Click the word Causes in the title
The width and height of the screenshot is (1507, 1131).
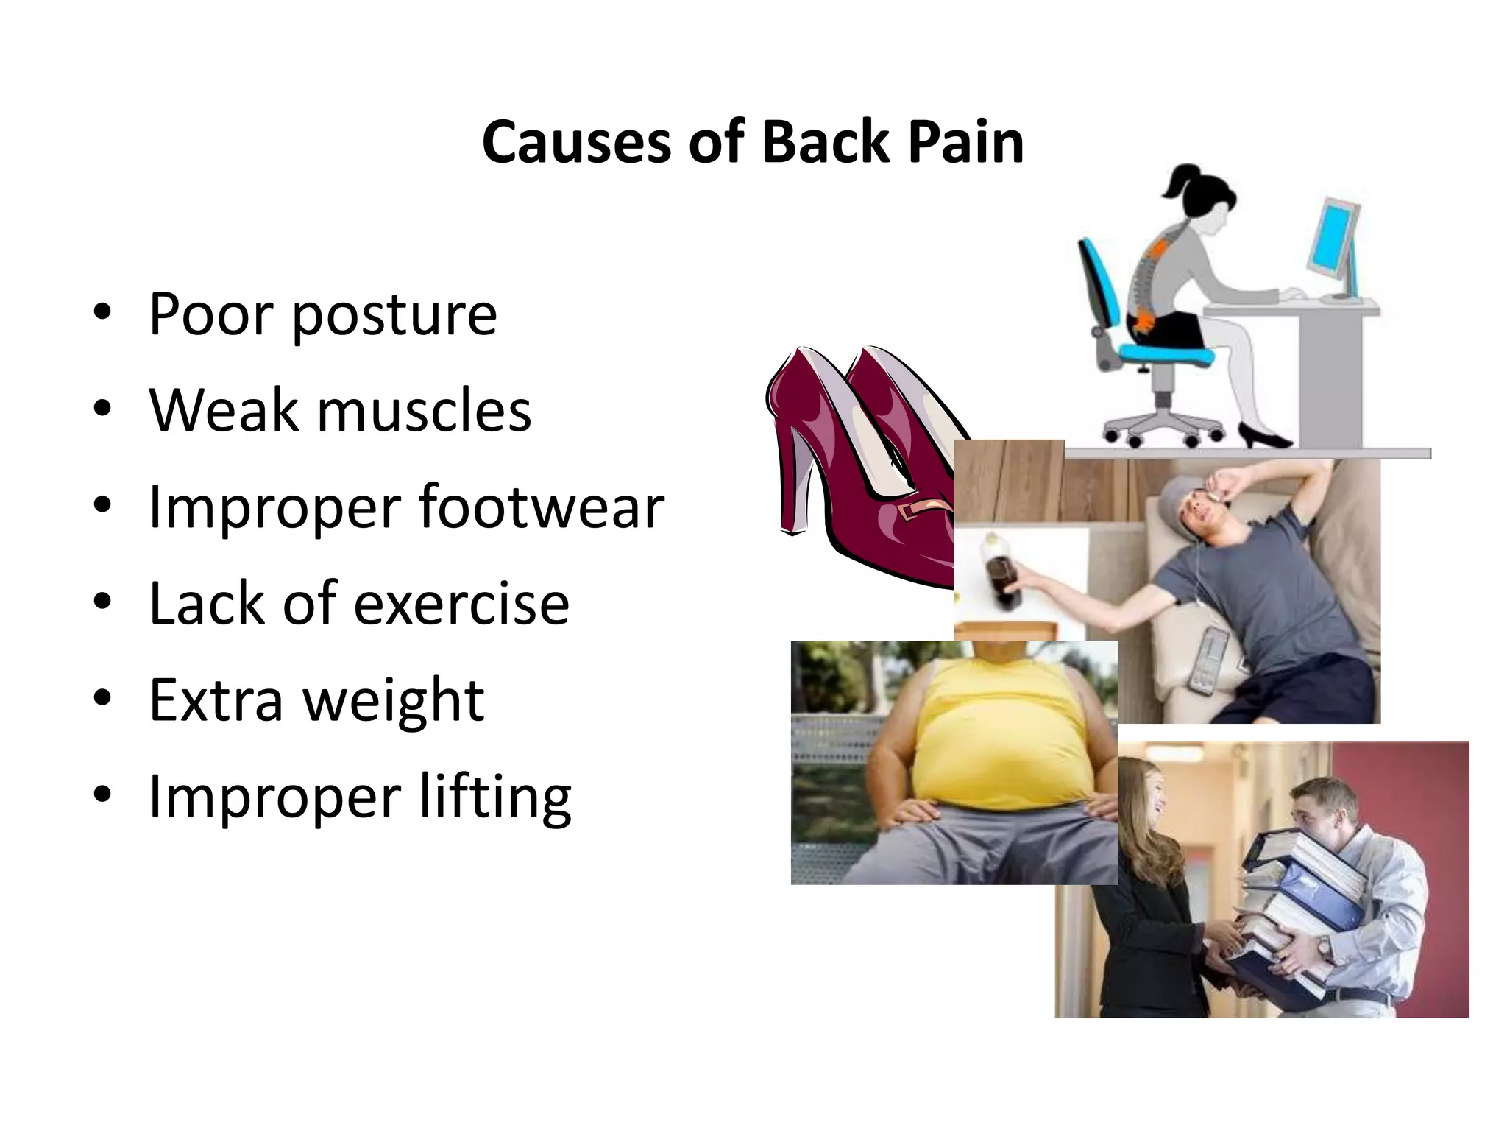pyautogui.click(x=576, y=142)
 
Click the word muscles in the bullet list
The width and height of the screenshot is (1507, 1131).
pyautogui.click(x=424, y=410)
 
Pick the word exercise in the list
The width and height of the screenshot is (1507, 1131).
pyautogui.click(x=461, y=603)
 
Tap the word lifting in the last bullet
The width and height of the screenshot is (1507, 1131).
pyautogui.click(x=494, y=797)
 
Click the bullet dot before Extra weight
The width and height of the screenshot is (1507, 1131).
pyautogui.click(x=102, y=697)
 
